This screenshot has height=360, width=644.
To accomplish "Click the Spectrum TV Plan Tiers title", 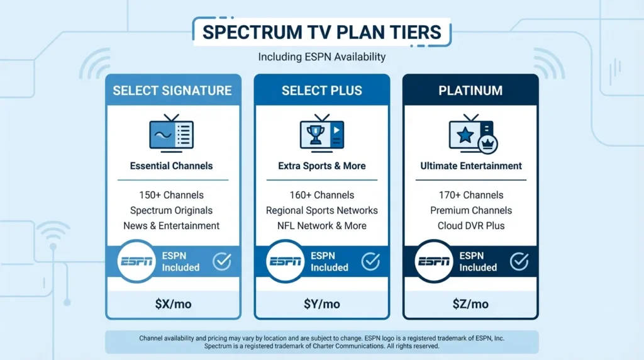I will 321,32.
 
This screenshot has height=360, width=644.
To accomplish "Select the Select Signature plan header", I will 172,91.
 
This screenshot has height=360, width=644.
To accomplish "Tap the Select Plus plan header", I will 321,91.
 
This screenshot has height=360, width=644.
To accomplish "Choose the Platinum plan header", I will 470,91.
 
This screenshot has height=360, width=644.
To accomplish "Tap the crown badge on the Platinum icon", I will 488,143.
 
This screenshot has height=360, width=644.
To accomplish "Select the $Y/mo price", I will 321,304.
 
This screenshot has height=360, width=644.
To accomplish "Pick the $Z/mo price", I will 470,304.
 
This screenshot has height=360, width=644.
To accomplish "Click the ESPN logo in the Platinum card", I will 434,261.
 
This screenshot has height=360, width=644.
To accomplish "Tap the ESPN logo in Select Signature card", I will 136,261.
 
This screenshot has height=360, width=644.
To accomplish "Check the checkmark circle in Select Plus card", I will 370,261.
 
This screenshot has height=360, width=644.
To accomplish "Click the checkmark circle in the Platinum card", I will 519,261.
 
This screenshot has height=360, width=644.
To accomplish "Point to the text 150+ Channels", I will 172,195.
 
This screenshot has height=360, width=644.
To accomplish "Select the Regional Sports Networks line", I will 321,210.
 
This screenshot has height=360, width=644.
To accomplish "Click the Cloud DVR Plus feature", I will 471,225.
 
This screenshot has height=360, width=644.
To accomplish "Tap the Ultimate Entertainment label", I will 471,166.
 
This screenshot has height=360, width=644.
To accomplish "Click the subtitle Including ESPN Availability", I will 321,57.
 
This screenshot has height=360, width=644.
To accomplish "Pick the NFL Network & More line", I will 321,225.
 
